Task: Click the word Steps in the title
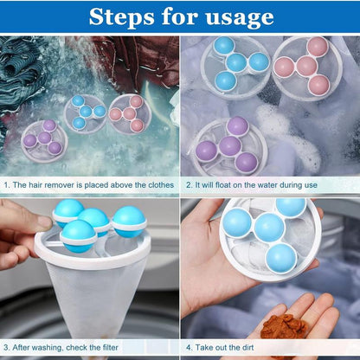124,16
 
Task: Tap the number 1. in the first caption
8,185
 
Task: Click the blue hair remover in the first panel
85,112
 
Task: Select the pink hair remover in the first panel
129,112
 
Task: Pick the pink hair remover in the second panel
307,66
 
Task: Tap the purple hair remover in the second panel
229,145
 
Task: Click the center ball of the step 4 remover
268,228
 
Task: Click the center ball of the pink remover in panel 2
307,67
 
